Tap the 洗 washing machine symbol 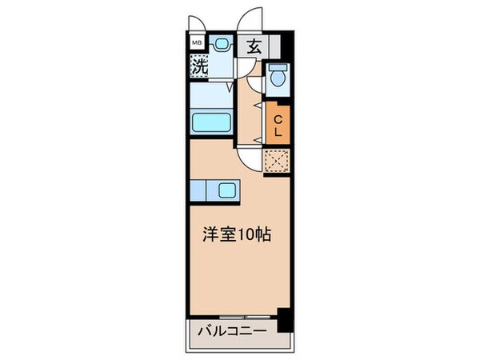[x=199, y=66]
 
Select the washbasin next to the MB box [x=222, y=45]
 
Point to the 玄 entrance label [x=254, y=46]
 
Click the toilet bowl [x=277, y=77]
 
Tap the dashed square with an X [x=278, y=162]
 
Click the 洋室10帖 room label [x=236, y=236]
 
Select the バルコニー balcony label [x=230, y=329]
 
